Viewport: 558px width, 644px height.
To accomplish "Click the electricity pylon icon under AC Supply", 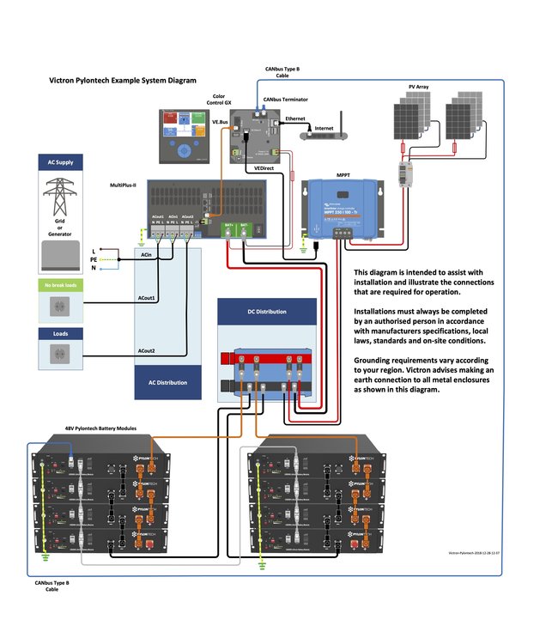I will [x=59, y=197].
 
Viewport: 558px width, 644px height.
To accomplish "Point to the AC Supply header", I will [x=59, y=162].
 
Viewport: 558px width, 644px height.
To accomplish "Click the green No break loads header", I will [x=59, y=284].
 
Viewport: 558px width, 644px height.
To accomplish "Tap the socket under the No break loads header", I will [x=59, y=307].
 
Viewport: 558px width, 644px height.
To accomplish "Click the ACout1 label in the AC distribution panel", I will [x=148, y=298].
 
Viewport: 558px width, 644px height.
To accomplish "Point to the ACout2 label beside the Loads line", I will [x=148, y=351].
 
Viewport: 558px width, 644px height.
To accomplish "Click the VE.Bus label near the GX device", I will [x=220, y=123].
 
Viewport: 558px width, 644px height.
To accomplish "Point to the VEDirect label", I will [x=264, y=168].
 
